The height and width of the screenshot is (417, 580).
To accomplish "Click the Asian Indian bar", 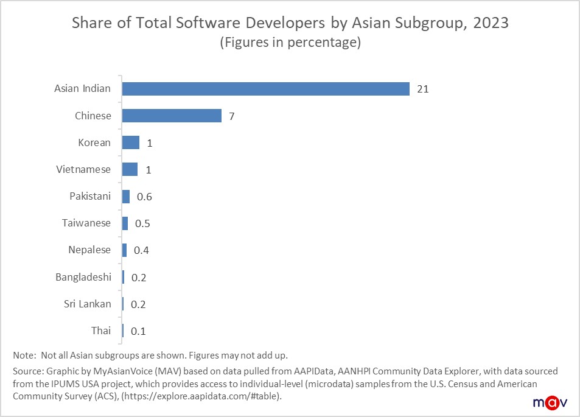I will click(x=265, y=89).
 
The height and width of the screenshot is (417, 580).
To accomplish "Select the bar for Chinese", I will click(x=172, y=116).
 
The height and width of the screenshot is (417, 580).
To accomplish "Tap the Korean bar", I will click(x=131, y=142).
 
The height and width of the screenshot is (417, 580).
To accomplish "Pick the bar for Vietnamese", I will click(x=130, y=169).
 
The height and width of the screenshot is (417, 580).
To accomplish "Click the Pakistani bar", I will click(x=126, y=197).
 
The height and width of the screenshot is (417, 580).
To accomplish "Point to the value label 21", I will click(x=423, y=89).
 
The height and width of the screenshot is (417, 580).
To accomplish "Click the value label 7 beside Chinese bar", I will click(x=232, y=116).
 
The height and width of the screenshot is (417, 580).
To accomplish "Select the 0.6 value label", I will click(x=144, y=197).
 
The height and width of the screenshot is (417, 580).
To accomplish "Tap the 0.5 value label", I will click(x=142, y=223).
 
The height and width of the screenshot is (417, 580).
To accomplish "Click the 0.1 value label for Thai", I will click(x=138, y=331).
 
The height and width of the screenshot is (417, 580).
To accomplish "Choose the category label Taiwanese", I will click(x=86, y=223).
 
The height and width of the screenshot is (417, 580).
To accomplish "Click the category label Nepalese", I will click(x=89, y=250).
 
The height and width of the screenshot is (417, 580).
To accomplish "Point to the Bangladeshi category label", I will click(x=83, y=277).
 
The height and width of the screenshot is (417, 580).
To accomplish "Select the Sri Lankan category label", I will click(x=88, y=304).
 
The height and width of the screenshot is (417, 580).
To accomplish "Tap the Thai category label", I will click(x=101, y=331).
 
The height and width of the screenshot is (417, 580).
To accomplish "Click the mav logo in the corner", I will click(x=551, y=402).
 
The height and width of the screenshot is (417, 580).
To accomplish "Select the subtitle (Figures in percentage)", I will click(x=290, y=43).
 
